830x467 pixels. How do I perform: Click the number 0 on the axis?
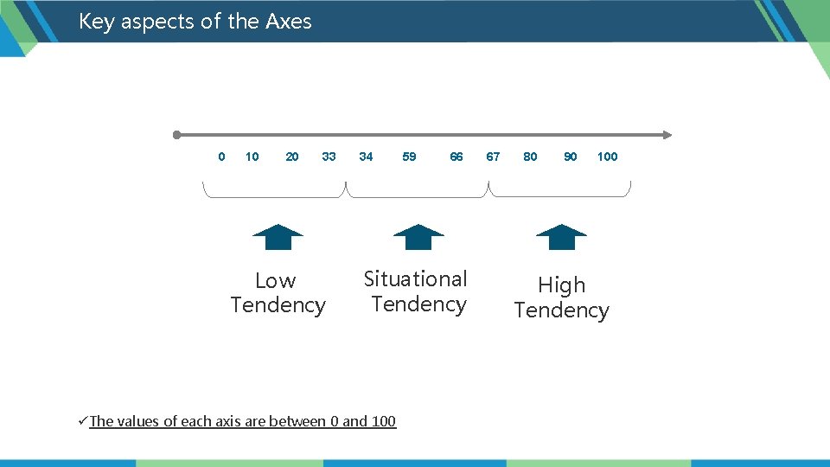pos(221,157)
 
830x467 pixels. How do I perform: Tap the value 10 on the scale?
pos(252,157)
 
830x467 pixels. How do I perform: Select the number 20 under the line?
pos(292,157)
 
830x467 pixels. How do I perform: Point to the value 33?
pos(329,157)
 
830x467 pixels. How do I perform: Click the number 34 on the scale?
pos(366,157)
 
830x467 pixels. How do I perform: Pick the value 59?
pos(409,157)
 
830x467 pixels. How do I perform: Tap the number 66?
pos(456,157)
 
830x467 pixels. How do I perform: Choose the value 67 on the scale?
pos(493,157)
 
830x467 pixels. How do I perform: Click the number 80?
pos(530,157)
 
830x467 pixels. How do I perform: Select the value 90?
pos(571,157)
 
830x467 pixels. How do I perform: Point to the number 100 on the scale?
pos(608,157)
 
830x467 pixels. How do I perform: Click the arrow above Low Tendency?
pos(278,237)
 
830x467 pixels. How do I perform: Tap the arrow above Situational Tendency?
pos(418,237)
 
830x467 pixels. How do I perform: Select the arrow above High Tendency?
pos(561,237)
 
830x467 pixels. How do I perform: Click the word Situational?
pos(415,279)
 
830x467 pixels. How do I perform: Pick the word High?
pos(561,285)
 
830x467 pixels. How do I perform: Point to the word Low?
pos(276,281)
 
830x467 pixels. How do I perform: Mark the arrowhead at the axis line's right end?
pos(667,135)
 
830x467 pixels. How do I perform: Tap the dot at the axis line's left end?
pos(176,135)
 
